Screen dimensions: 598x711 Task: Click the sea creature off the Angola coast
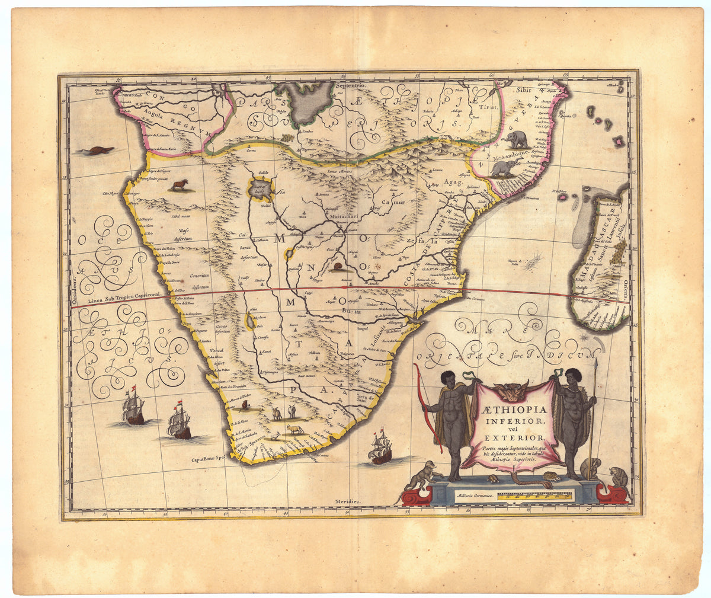pyautogui.click(x=94, y=151)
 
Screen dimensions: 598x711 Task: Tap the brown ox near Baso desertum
pyautogui.click(x=178, y=186)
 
